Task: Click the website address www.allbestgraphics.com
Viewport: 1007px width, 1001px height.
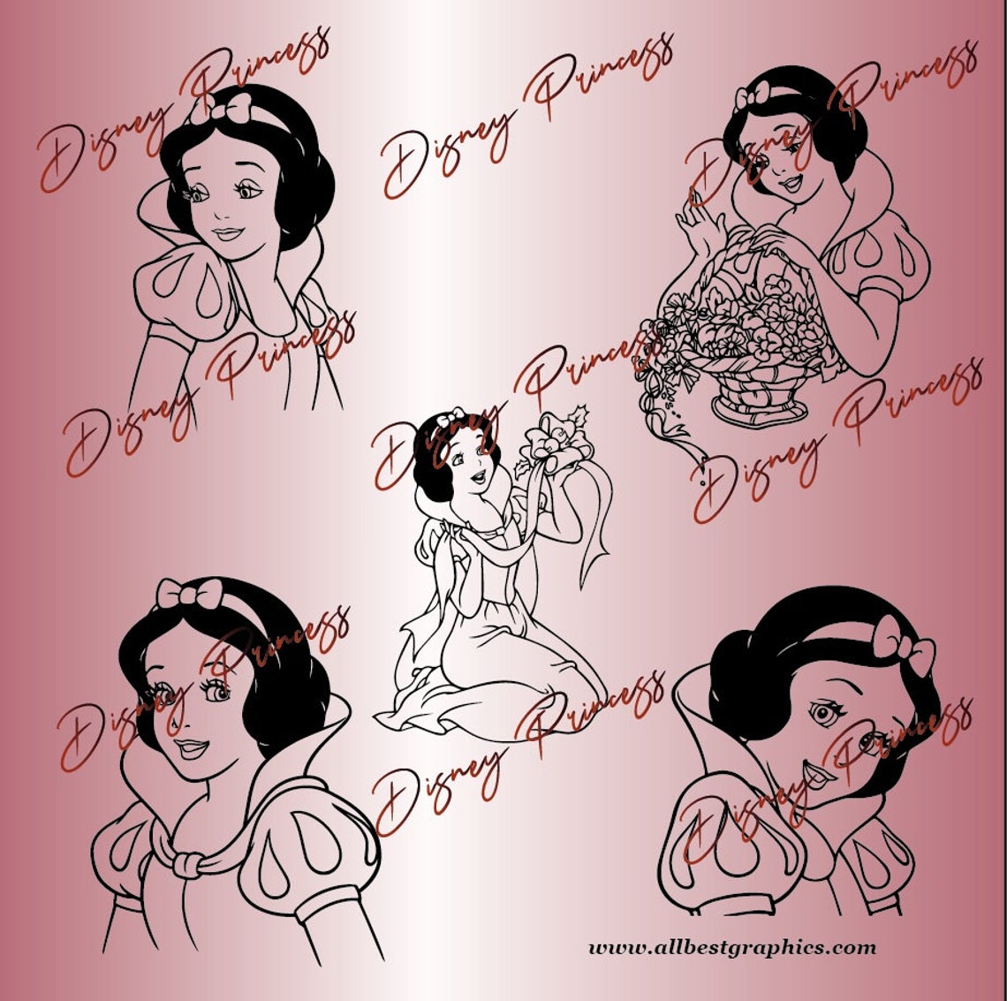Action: [x=732, y=948]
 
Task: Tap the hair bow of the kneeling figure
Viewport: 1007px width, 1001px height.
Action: [x=450, y=416]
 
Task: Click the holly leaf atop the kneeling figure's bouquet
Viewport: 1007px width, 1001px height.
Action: [x=580, y=414]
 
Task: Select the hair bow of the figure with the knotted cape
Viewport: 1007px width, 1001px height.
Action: [x=187, y=594]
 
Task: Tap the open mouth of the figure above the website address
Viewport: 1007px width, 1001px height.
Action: [x=818, y=778]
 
